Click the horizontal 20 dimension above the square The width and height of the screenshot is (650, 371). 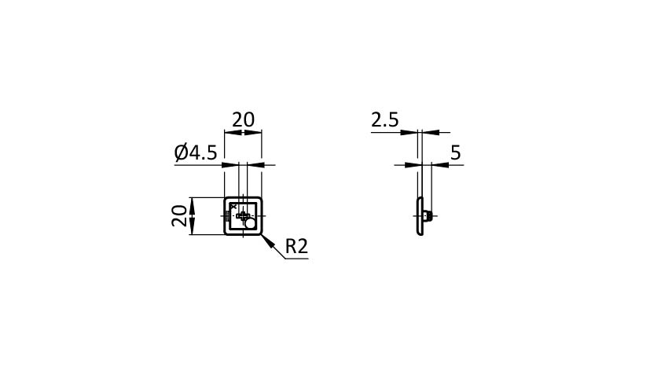coord(243,119)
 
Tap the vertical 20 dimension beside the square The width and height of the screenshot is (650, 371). coord(179,215)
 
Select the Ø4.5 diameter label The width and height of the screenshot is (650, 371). coord(196,152)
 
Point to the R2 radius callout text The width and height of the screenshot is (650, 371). coord(297,246)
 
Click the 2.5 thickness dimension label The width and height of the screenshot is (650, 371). coord(384,120)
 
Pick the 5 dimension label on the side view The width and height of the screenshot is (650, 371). coord(456,153)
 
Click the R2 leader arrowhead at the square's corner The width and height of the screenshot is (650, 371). coord(268,241)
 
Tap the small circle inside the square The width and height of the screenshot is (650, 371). coord(250,224)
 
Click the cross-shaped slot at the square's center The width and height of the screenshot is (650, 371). coord(243,215)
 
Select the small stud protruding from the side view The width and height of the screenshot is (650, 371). coord(428,216)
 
